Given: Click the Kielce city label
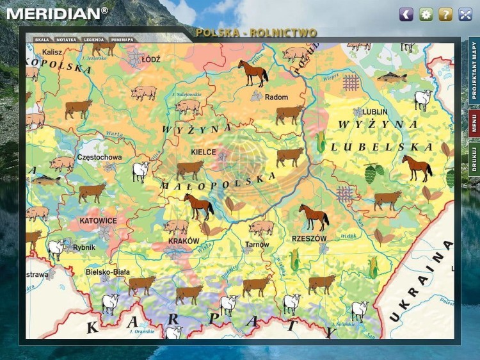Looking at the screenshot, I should point(204,152).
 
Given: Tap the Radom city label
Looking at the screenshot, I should point(276,97).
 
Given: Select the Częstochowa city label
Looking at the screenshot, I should point(99,157).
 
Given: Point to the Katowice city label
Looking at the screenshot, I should point(98,220).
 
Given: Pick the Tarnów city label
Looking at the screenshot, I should point(257,245).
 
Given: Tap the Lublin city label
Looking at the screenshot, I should point(376,111).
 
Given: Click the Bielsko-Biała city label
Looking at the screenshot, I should point(108,272).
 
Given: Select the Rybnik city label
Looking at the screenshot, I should point(84,247).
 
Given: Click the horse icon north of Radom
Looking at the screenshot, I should point(253,72).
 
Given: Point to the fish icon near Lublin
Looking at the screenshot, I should point(391,78).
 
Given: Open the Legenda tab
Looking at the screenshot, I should point(93,39).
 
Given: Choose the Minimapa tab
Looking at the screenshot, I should point(122,39).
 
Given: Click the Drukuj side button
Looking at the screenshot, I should point(474,160).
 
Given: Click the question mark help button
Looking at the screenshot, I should point(445,14).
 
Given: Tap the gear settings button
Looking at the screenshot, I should point(426,14).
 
